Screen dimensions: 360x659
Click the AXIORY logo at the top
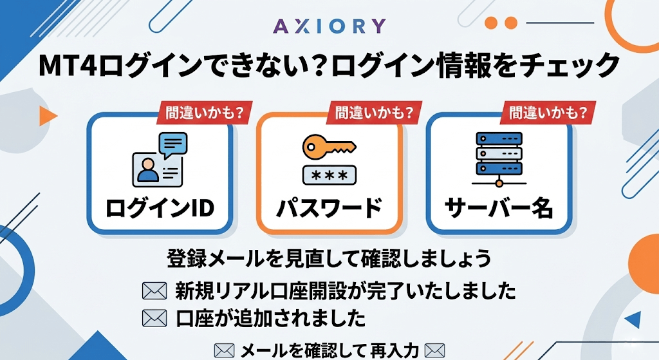pos(329,25)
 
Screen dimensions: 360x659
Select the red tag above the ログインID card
pos(204,113)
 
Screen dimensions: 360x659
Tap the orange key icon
pos(328,146)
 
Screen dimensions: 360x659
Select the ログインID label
pos(160,208)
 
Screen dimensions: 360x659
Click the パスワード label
pos(329,208)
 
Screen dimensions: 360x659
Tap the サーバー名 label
pos(499,208)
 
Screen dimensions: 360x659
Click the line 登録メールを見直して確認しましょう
pos(329,258)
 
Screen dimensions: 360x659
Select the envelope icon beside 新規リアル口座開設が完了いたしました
pos(154,292)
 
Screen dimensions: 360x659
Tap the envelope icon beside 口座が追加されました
pos(154,317)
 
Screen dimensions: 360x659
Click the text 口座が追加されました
pos(270,317)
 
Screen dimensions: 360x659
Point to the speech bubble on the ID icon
pos(172,144)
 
